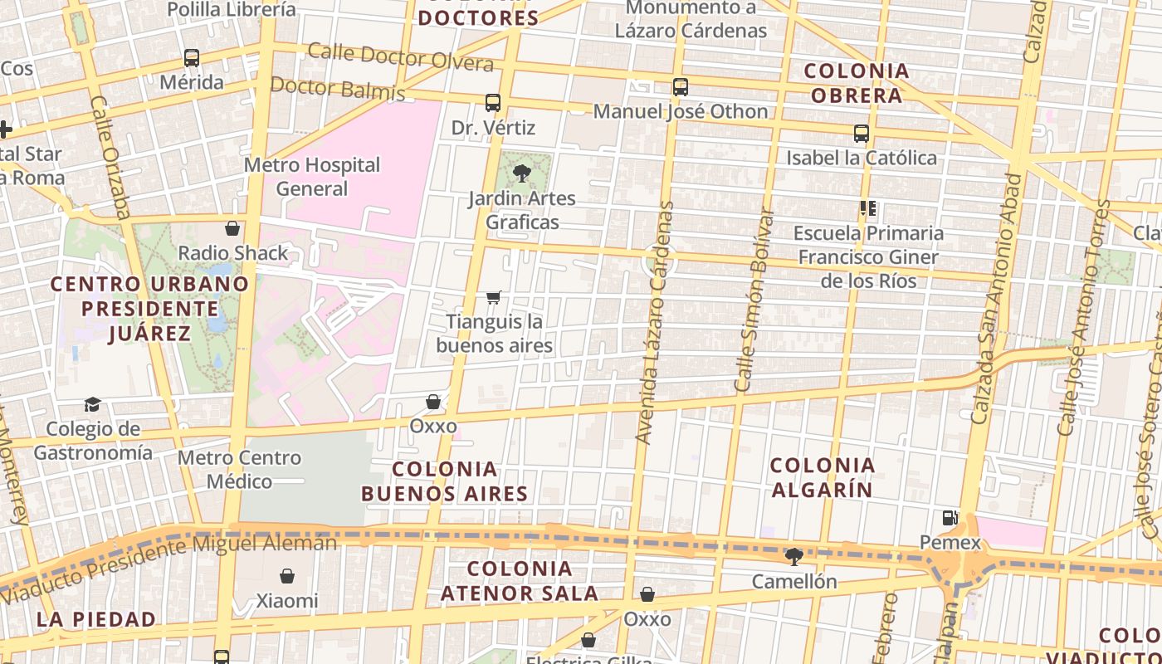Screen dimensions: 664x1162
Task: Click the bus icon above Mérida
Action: [192, 58]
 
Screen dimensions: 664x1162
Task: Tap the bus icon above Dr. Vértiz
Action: [493, 103]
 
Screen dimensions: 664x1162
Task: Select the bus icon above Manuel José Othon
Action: [681, 86]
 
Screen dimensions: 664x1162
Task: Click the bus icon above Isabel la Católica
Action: [862, 133]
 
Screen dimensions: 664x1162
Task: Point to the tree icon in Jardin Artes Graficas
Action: [522, 174]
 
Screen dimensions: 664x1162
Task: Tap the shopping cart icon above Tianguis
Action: [494, 297]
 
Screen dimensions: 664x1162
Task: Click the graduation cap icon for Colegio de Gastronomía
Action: [92, 404]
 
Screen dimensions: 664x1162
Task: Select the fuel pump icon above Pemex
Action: [950, 518]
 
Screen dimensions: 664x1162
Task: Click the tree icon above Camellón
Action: [794, 556]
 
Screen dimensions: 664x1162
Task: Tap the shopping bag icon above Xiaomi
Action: [287, 575]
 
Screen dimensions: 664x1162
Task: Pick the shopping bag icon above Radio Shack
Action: [232, 228]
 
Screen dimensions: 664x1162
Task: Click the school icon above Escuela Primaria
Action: [868, 208]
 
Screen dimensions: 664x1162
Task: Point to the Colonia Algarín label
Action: [823, 477]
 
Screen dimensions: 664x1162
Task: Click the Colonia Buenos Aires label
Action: [444, 481]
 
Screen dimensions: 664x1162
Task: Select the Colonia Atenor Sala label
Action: [520, 581]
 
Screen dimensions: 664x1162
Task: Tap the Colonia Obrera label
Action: [857, 83]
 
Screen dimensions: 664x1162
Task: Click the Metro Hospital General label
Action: [312, 177]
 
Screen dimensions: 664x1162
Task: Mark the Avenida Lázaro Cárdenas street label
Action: [655, 322]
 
